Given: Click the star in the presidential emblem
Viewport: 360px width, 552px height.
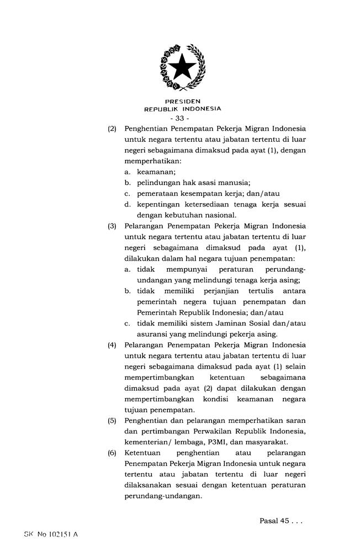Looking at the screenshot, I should (182, 67).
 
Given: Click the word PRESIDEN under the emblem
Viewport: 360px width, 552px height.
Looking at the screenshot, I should (182, 102).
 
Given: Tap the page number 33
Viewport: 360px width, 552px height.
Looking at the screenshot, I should (179, 118).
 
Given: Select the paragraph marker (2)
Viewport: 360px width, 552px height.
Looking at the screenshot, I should (112, 129).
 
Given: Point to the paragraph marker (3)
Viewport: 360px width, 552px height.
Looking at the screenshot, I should (112, 226).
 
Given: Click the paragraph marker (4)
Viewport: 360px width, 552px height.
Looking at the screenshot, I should (112, 345).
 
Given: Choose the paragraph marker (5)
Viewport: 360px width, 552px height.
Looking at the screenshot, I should (112, 421).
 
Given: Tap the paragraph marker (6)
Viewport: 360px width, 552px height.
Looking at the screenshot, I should (112, 453).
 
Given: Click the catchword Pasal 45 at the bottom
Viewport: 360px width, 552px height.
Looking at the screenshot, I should (274, 521).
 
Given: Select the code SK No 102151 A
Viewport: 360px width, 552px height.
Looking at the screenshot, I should (51, 535).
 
